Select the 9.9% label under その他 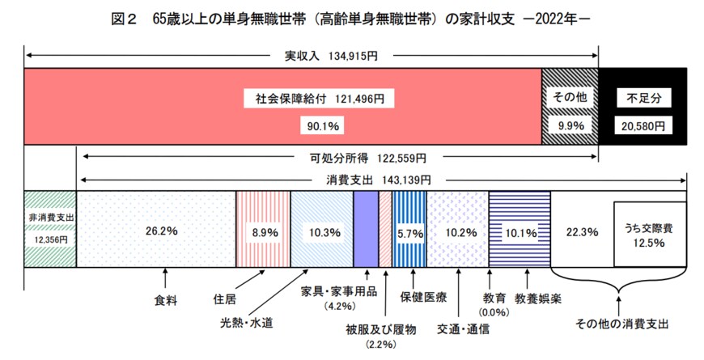[569, 126]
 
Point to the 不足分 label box [644, 99]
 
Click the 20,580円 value [644, 126]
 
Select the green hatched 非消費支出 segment [49, 229]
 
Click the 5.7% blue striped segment [409, 231]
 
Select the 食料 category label [166, 299]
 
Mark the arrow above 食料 [166, 280]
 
